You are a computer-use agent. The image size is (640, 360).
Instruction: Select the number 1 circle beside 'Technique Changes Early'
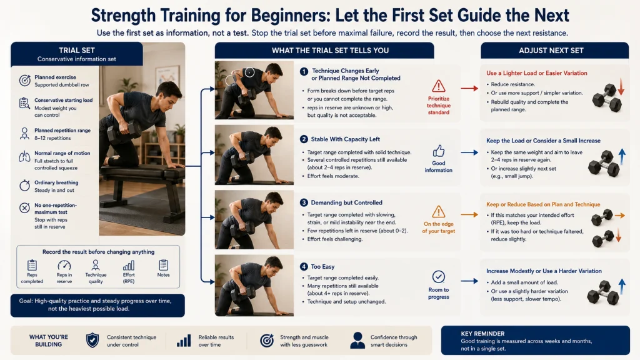(304, 71)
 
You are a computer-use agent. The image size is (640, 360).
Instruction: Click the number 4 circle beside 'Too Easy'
(304, 266)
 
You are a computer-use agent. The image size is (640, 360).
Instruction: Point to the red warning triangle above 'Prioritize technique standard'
(438, 86)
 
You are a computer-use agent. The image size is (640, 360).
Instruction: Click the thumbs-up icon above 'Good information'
(438, 151)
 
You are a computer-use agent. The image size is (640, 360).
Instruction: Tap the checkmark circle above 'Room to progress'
(438, 277)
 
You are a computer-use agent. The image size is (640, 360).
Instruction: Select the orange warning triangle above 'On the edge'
(438, 212)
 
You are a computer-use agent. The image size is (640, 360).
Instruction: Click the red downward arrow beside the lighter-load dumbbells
(621, 87)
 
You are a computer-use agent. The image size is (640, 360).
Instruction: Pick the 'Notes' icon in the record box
(163, 265)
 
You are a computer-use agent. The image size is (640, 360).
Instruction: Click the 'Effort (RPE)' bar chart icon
(129, 266)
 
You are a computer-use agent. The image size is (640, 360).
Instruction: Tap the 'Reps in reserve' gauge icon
(64, 265)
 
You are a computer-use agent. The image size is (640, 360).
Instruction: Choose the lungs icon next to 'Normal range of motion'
(24, 157)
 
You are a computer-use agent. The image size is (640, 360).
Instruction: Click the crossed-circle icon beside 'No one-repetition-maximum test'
(24, 208)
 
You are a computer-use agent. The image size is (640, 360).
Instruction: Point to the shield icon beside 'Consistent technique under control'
(92, 340)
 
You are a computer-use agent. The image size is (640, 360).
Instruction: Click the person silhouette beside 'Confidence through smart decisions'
(357, 340)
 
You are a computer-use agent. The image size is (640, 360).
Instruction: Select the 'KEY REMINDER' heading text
(482, 334)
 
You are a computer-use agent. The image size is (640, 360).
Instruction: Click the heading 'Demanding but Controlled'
(346, 202)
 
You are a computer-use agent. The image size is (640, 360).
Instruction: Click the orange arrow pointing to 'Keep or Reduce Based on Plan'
(469, 215)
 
